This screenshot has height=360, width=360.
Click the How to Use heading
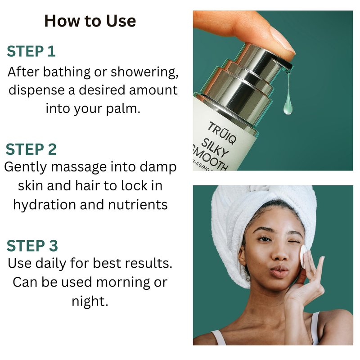point(90,21)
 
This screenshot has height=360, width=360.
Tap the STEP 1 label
point(31,51)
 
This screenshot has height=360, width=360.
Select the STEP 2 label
point(31,149)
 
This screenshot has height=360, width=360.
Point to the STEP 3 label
point(32,246)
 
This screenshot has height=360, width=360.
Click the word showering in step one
point(144,72)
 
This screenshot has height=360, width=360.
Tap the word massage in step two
point(79,167)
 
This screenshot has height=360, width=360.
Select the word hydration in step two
point(45,204)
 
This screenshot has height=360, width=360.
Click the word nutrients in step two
point(138,205)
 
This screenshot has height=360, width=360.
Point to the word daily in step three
point(51,263)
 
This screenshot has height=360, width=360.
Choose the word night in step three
point(90,301)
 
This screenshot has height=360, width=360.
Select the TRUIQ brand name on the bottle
point(222,133)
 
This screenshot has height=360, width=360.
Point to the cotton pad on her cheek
point(303,256)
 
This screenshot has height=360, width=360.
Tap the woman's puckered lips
point(279,272)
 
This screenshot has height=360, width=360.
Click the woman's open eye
point(264,239)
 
